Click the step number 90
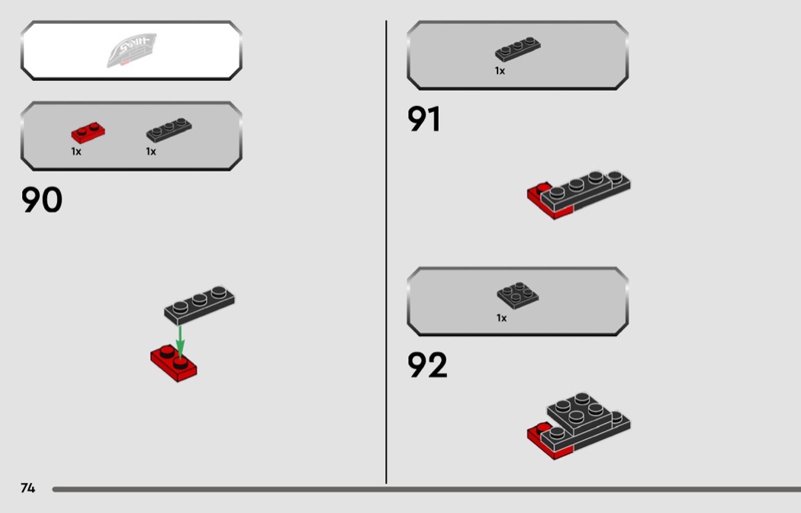coord(41,200)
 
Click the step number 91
coord(424,120)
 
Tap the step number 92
coord(427,365)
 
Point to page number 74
coord(27,488)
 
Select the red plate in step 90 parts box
coord(88,133)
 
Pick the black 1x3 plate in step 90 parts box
coord(169,130)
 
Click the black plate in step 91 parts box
coord(518,50)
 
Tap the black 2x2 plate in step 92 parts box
coord(518,294)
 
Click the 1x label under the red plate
coord(76,152)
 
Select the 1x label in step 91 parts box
coord(500,71)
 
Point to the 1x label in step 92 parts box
coord(501,318)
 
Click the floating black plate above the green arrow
coord(200,303)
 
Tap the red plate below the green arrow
coord(174,363)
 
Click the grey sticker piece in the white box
coord(132,50)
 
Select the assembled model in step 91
coord(579,194)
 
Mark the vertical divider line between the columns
coord(386,252)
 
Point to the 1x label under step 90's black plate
coord(151,152)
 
